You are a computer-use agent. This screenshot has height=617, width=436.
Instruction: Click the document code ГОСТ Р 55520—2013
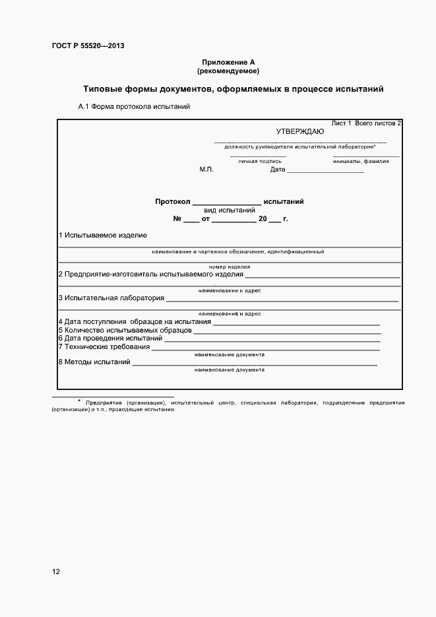point(88,46)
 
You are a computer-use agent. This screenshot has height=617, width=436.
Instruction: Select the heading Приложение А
point(228,62)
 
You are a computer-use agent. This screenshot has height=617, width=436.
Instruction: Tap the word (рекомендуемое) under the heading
point(228,70)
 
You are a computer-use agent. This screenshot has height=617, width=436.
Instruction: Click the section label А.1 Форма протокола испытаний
point(134,106)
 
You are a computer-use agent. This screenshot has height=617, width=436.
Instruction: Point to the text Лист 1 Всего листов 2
point(366,123)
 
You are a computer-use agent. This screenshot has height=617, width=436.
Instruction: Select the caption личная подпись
point(260,161)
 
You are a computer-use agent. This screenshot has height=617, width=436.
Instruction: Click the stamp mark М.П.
point(206,170)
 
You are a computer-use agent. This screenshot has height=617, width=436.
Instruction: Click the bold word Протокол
point(172,202)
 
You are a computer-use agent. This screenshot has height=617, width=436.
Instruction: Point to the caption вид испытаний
point(229,211)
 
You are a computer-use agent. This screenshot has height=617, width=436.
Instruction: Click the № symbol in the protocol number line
point(177,218)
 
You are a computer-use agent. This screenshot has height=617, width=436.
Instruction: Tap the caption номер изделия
point(229,267)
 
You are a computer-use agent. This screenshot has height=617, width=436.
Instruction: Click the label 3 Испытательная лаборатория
point(111,298)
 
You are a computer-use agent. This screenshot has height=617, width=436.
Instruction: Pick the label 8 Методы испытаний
point(94,362)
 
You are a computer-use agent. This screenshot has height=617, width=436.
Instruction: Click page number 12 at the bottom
point(56,571)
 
